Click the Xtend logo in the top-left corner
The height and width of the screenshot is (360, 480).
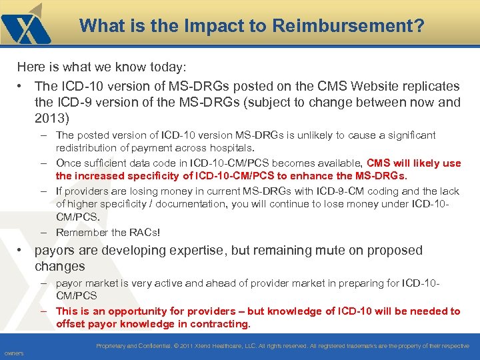pos(27,25)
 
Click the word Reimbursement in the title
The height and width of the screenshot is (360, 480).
pos(353,26)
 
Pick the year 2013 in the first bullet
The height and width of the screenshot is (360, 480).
pos(51,119)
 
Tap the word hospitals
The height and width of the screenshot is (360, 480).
pos(231,147)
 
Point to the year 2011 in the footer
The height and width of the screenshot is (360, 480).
pos(185,346)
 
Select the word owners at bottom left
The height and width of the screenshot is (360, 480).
pos(14,353)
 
